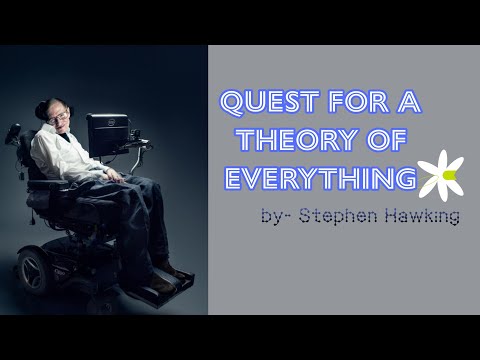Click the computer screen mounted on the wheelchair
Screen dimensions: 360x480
[106, 132]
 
